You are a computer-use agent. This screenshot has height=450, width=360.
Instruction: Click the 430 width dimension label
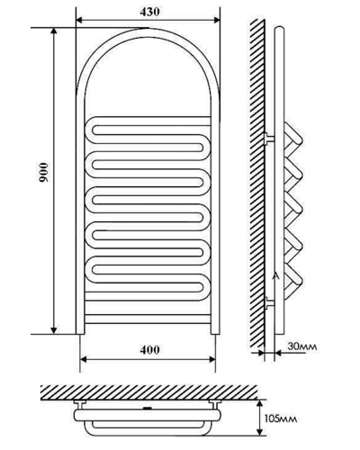(149, 12)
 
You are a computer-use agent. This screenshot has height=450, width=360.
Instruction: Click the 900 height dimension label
(43, 172)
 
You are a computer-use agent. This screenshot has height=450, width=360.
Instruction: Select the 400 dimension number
(149, 350)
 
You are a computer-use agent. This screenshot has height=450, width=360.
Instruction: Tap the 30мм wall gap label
(302, 346)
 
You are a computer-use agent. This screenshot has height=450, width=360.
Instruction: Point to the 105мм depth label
(281, 418)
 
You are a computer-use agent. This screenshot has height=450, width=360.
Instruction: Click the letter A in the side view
(276, 276)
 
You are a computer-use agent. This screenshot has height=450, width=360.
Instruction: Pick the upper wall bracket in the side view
(269, 139)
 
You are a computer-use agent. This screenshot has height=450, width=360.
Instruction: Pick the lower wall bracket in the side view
(269, 303)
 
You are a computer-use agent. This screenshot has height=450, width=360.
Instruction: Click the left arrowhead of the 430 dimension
(78, 20)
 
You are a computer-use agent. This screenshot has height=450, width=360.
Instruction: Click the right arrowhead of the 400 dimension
(212, 359)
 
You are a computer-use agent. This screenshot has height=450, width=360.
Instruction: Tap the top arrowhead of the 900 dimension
(54, 31)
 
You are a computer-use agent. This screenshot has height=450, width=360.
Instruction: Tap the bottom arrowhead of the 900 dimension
(54, 330)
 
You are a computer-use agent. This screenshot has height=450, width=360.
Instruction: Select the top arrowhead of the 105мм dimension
(260, 403)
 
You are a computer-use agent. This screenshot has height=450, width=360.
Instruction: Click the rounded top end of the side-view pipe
(279, 29)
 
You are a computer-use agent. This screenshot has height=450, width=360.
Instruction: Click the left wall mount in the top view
(80, 403)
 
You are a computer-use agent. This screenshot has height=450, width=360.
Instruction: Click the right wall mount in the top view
(215, 403)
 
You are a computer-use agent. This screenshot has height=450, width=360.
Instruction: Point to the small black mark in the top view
(147, 409)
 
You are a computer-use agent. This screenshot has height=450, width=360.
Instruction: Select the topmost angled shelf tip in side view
(299, 139)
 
